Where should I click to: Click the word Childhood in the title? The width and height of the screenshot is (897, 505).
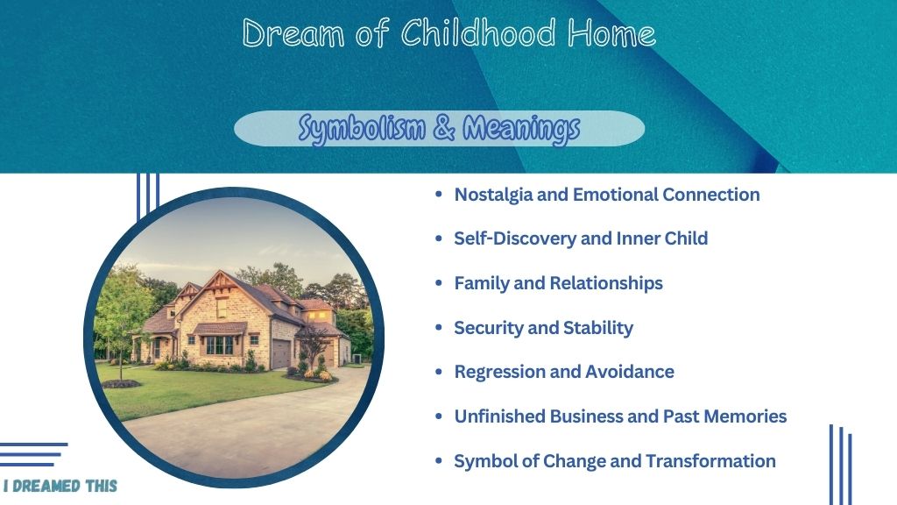[x=477, y=32]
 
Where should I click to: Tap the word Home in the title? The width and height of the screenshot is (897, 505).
[x=611, y=32]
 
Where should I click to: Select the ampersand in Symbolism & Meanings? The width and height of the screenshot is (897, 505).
[x=444, y=127]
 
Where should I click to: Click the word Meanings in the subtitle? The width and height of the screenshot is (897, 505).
[x=521, y=128]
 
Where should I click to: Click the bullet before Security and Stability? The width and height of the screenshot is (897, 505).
[x=439, y=328]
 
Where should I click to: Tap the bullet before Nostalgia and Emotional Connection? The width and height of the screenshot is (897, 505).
[x=439, y=195]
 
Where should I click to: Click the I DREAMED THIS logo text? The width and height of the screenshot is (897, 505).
[x=60, y=486]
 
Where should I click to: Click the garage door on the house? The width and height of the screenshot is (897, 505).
[x=281, y=353]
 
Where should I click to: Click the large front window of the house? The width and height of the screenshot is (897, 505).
[x=220, y=345]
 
